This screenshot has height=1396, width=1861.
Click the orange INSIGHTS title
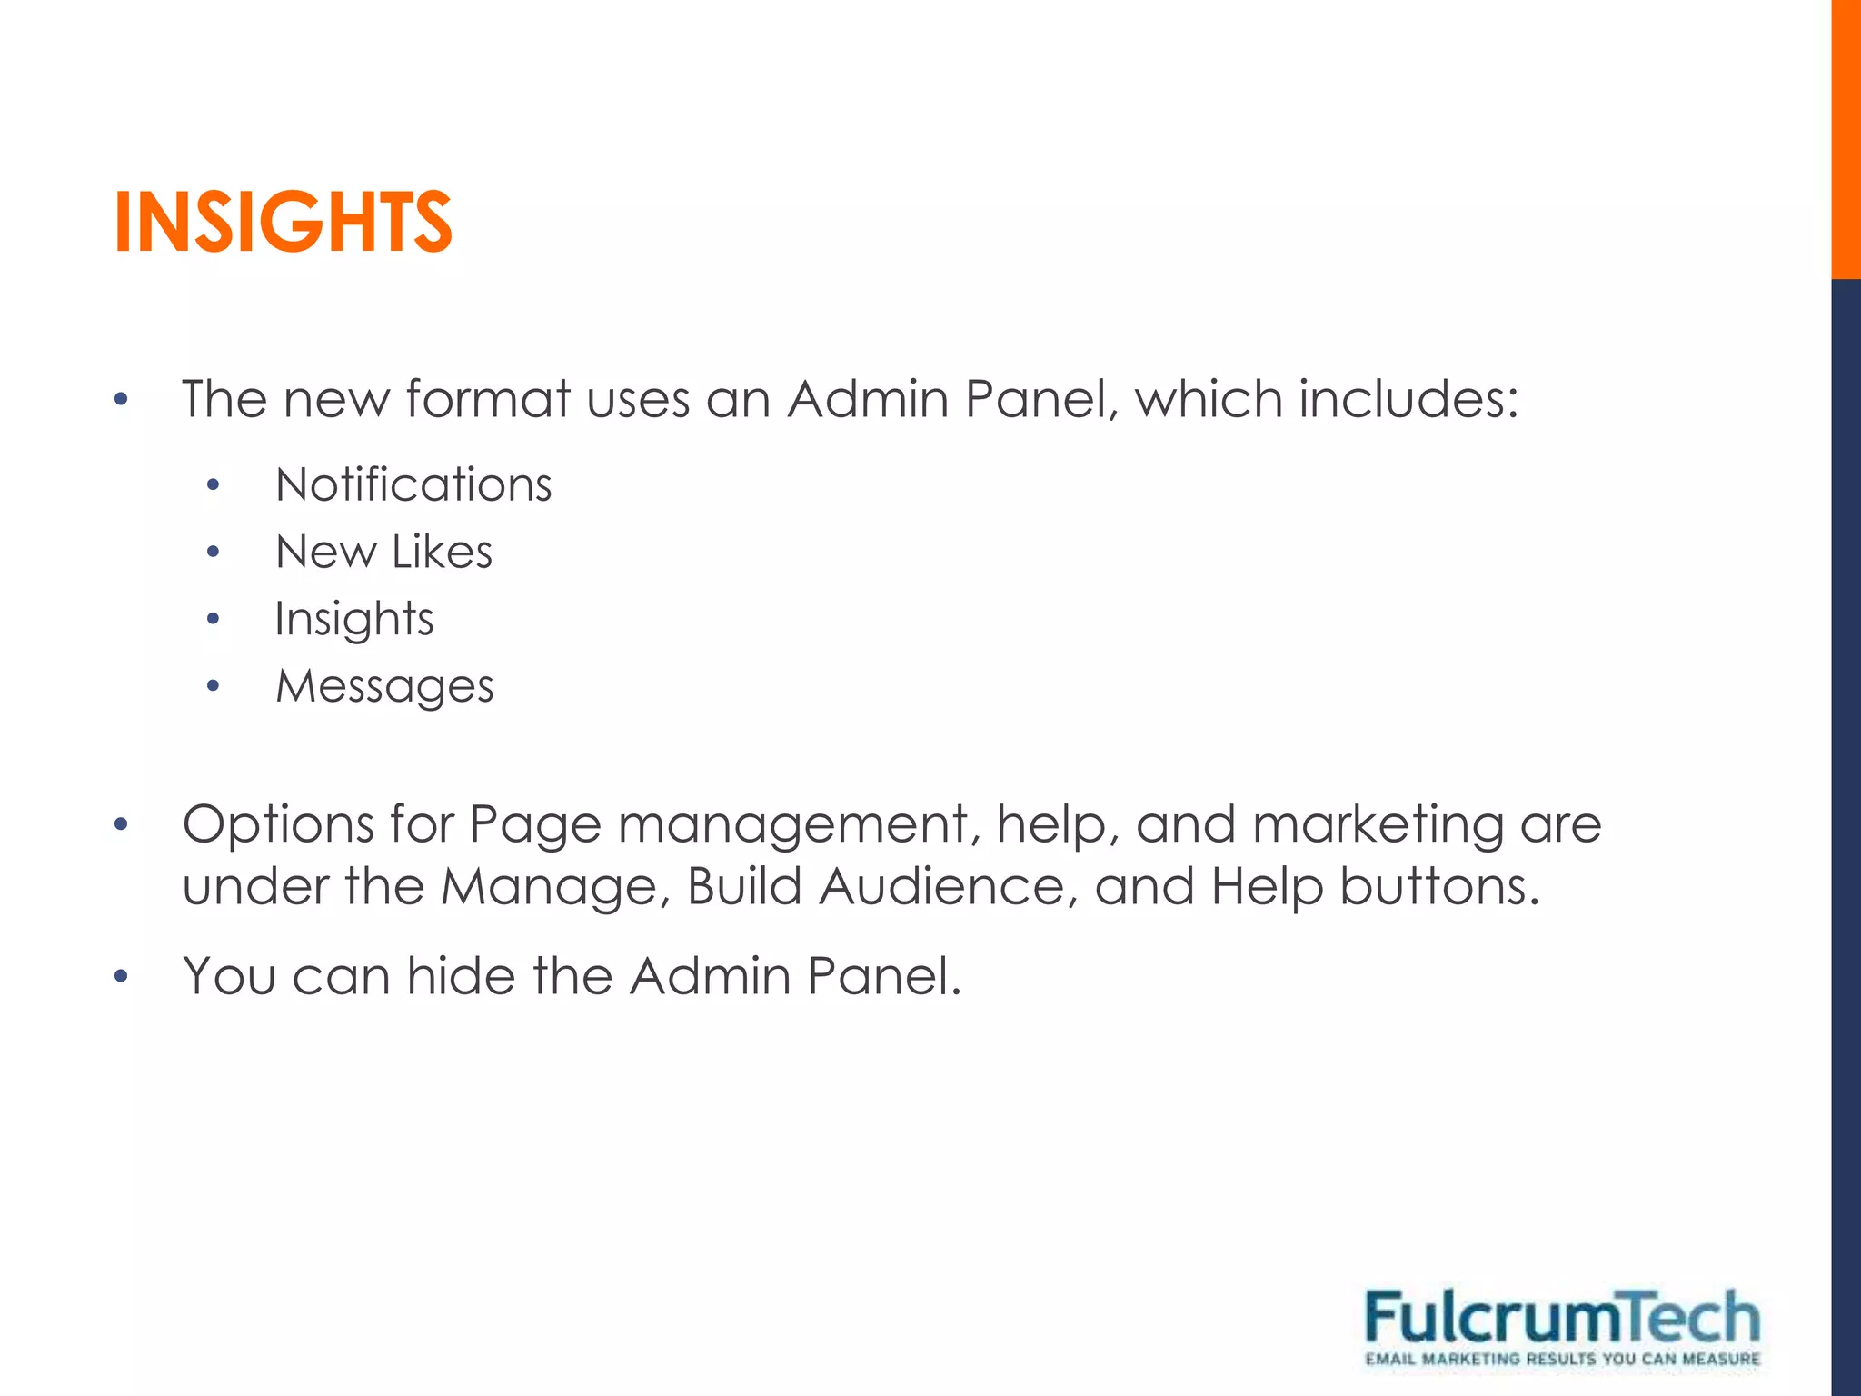click(283, 222)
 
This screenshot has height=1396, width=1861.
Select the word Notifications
click(413, 484)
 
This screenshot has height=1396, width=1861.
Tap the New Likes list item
click(383, 552)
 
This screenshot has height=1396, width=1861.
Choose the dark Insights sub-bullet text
click(354, 620)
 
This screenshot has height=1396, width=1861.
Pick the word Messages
click(384, 686)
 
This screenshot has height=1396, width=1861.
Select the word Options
click(279, 825)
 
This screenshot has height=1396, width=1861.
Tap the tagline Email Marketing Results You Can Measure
click(1562, 1360)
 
